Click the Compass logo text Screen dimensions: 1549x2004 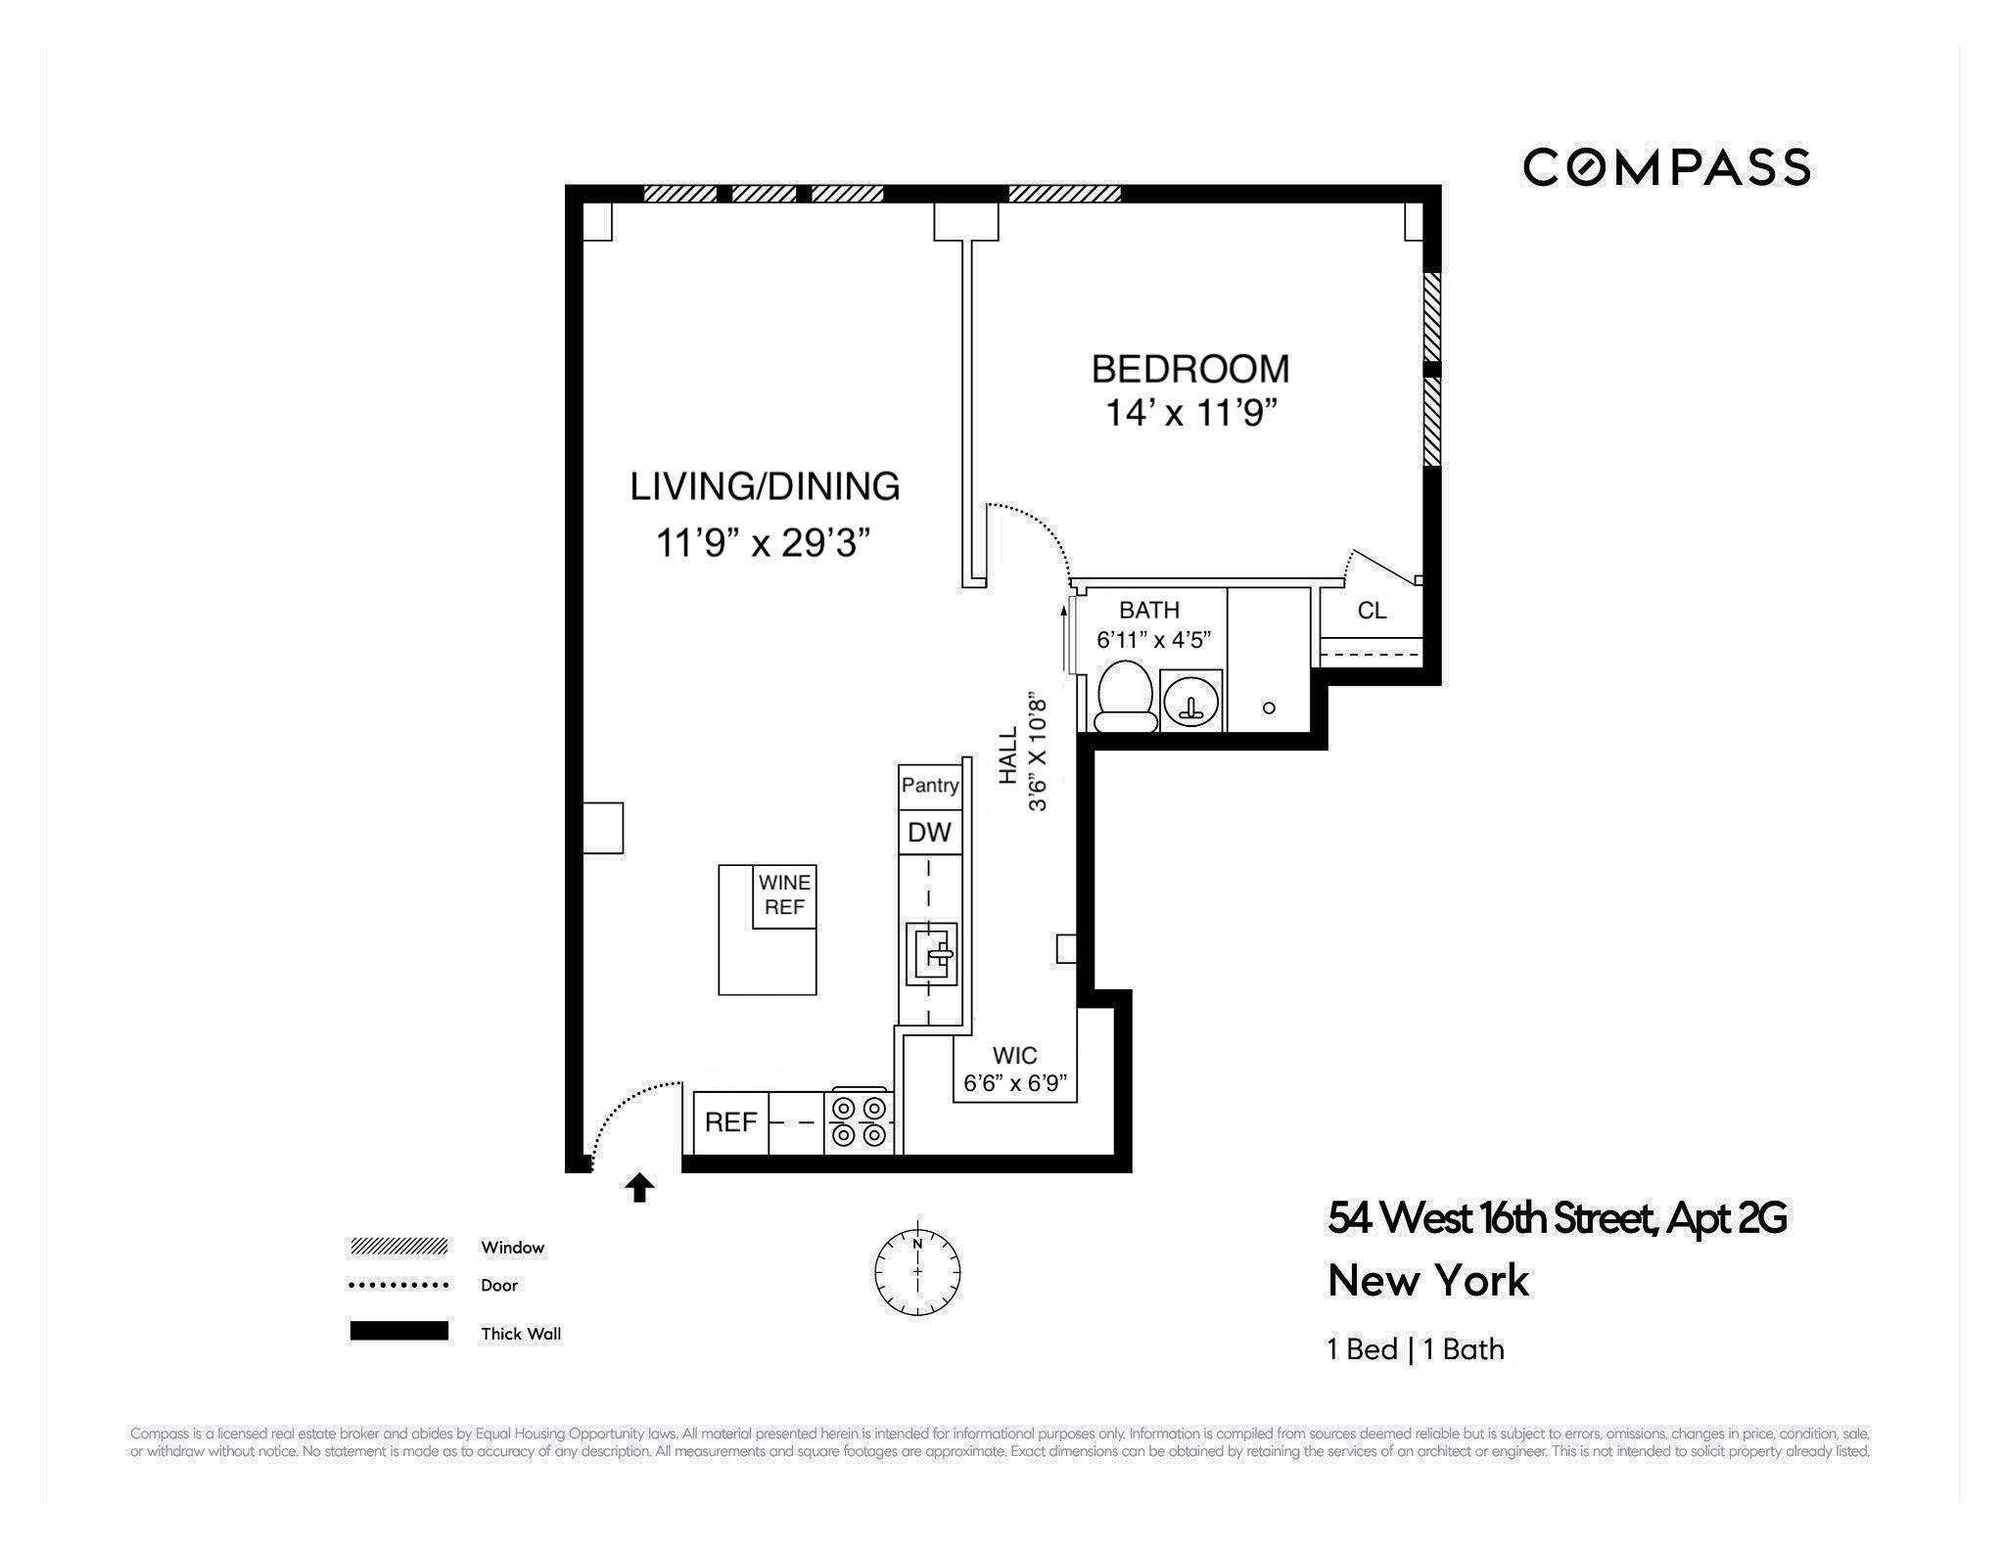point(1666,167)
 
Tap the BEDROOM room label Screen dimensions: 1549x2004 point(1190,369)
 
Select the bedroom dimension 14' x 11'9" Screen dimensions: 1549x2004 point(1192,414)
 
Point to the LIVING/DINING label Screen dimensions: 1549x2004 point(765,486)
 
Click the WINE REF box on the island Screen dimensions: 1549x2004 point(784,895)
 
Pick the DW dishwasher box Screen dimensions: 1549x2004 point(929,833)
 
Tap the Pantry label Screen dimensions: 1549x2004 point(930,785)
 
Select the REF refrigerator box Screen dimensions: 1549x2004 point(730,1122)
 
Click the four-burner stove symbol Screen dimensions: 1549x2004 point(860,1121)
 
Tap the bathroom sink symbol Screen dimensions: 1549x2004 point(1191,702)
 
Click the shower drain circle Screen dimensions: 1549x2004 point(1269,707)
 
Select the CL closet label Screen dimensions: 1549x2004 point(1372,611)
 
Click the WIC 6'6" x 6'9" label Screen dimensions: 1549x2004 point(1015,1070)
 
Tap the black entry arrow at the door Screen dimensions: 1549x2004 point(639,1188)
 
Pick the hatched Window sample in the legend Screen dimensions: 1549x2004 point(399,1247)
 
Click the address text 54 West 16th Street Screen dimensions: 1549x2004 point(1557,1219)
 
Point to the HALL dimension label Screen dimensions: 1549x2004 point(1023,753)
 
